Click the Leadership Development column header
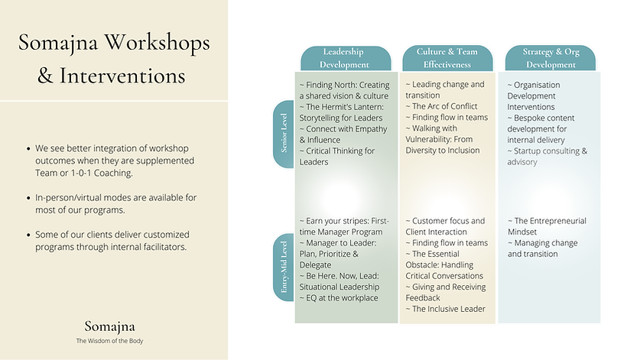[x=346, y=59]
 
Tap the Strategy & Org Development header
[x=551, y=59]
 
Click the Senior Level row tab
[x=284, y=135]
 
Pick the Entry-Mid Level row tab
[x=284, y=267]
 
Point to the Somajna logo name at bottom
[x=113, y=326]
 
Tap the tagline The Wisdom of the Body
[x=113, y=341]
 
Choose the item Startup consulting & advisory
[x=547, y=156]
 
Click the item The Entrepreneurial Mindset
[x=546, y=226]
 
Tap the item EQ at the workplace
[x=338, y=297]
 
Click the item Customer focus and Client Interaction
[x=444, y=226]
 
